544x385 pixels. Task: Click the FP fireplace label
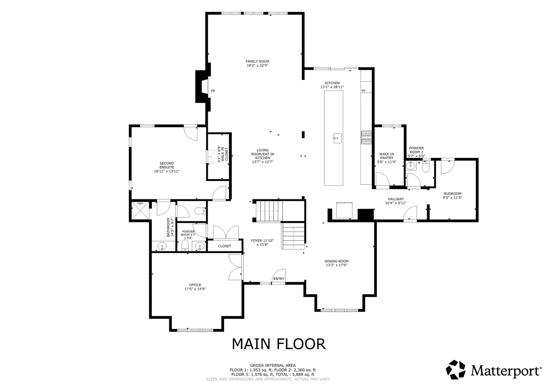213,91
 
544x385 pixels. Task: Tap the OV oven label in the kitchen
363,91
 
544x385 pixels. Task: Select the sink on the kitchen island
337,138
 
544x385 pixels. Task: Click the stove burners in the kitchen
366,137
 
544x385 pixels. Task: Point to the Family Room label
258,61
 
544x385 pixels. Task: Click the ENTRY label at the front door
279,279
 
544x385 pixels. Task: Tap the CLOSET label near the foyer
224,246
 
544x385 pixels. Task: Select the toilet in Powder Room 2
426,166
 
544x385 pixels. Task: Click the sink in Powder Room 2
411,165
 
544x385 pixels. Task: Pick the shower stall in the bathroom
140,210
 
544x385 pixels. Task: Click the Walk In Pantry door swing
383,179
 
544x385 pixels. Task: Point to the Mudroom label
452,194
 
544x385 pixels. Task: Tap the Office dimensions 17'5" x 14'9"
195,289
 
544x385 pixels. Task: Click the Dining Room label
337,261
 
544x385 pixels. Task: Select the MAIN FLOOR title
279,344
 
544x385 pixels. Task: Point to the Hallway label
396,199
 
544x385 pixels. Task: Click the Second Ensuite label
167,165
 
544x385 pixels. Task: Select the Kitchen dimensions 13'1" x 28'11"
332,87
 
